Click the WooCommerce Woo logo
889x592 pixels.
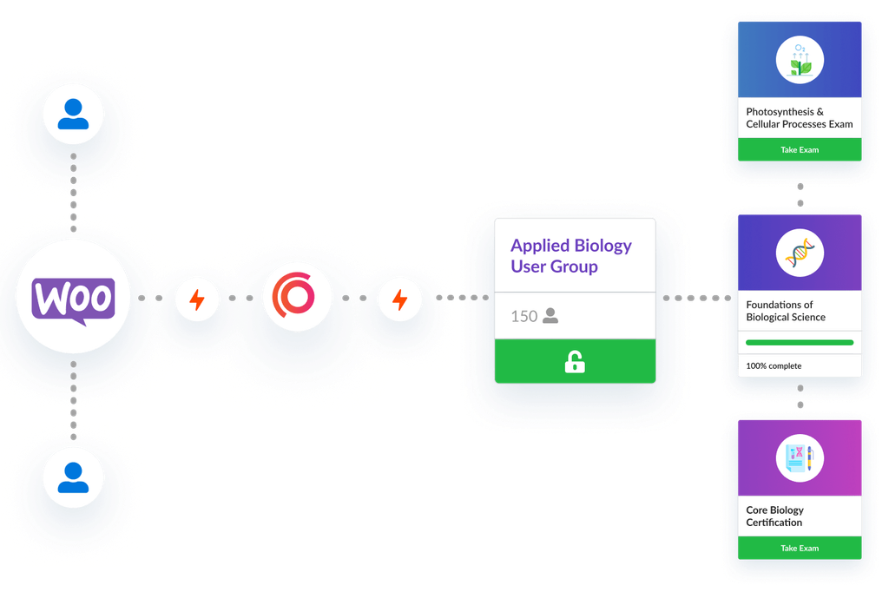pyautogui.click(x=73, y=299)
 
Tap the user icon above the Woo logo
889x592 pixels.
pyautogui.click(x=73, y=115)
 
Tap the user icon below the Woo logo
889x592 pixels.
pyautogui.click(x=73, y=477)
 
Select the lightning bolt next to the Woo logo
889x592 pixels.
pyautogui.click(x=197, y=300)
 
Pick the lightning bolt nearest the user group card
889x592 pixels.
pyautogui.click(x=399, y=300)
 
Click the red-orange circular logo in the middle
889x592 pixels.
pyautogui.click(x=297, y=298)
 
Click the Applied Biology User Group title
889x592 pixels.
pyautogui.click(x=570, y=256)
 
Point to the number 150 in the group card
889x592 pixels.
pyautogui.click(x=524, y=317)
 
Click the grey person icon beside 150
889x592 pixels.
pyautogui.click(x=550, y=316)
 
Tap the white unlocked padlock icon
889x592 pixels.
pyautogui.click(x=575, y=362)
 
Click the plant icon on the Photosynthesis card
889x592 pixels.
pyautogui.click(x=800, y=59)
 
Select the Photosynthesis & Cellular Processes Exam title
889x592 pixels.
pyautogui.click(x=799, y=118)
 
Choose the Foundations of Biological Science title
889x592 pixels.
pyautogui.click(x=785, y=311)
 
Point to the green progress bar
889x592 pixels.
pyautogui.click(x=800, y=343)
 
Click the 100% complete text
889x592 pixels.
pyautogui.click(x=774, y=365)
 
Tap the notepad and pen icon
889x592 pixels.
pyautogui.click(x=800, y=457)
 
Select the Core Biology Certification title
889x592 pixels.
pyautogui.click(x=774, y=516)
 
